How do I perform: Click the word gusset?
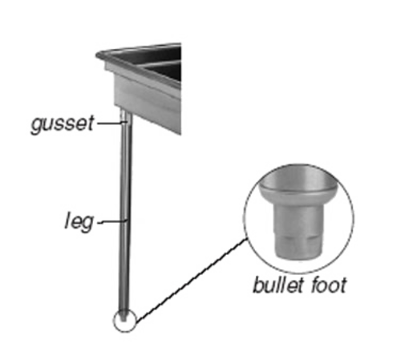pos(63,124)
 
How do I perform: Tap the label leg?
pos(79,221)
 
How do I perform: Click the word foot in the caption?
pos(329,285)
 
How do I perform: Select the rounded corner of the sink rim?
pos(99,55)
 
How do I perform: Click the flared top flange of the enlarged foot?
pos(298,190)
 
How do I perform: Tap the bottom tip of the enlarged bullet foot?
pos(298,257)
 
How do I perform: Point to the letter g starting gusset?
pos(37,125)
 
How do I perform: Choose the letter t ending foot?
pos(343,285)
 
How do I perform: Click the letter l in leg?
pos(67,220)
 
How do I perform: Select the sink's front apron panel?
pos(147,103)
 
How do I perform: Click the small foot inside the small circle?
pos(124,316)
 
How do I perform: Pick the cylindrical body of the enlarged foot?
pos(298,230)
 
